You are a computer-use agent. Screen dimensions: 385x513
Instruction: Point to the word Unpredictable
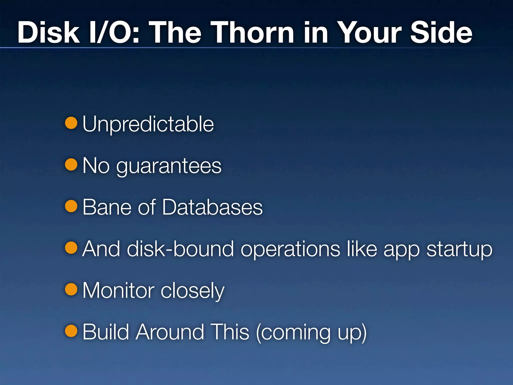click(148, 124)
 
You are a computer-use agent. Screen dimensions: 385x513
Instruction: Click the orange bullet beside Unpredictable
click(71, 123)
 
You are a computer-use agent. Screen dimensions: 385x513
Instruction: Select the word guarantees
click(169, 166)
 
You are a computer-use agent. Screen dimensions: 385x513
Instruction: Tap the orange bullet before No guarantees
click(71, 164)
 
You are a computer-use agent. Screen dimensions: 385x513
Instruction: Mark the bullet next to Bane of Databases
click(71, 206)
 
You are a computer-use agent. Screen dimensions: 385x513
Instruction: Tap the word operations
click(290, 249)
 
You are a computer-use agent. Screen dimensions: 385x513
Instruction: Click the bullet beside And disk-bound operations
click(71, 248)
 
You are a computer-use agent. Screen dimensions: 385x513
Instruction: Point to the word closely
click(192, 291)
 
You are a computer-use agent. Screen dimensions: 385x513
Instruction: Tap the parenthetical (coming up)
click(311, 332)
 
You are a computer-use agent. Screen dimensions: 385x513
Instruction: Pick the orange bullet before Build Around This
click(71, 331)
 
